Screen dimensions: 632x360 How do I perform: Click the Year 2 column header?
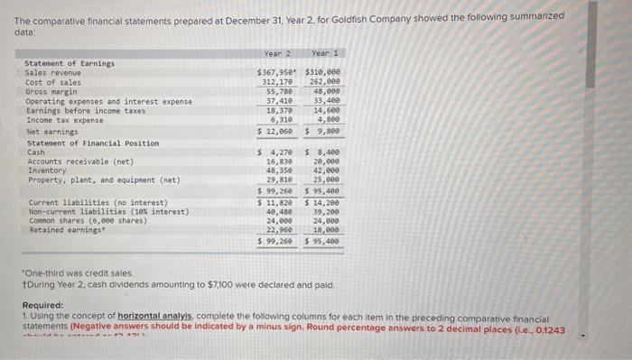276,53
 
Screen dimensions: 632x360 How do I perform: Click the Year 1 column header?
323,53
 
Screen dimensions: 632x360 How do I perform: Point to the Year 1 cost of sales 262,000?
324,81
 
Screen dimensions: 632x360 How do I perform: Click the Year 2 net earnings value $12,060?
278,130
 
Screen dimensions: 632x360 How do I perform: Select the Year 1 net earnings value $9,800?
323,130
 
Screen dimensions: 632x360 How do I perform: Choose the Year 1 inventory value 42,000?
326,171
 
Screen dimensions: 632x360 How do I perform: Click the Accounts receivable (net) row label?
70,162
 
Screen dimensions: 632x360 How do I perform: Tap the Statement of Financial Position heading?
93,143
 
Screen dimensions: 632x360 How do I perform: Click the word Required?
42,305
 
